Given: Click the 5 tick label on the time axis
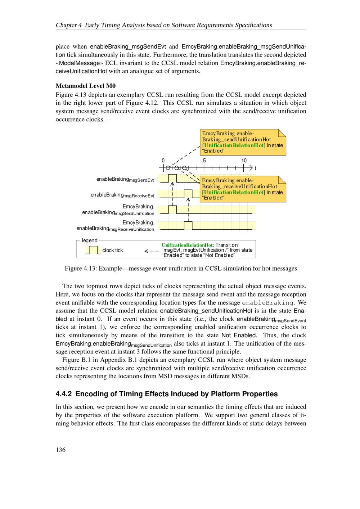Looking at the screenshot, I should (204, 161).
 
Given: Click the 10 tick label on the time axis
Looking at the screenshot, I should (244, 161).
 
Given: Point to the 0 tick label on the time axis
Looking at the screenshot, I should (163, 161).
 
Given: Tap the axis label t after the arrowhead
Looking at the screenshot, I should (255, 168).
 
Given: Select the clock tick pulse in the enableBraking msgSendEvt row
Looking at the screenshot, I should (172, 178).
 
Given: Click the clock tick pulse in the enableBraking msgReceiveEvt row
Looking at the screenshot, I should (188, 194).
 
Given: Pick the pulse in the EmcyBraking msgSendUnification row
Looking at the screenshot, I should (172, 210).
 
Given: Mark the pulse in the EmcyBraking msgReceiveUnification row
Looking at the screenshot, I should (188, 225).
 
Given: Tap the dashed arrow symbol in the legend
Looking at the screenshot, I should (151, 251).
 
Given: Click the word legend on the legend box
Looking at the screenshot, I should (90, 240).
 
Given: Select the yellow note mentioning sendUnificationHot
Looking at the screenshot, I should (243, 142).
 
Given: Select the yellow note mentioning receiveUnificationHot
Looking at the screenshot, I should (243, 189).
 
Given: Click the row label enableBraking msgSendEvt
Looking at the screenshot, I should (125, 180).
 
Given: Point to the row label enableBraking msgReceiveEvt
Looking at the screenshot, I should (122, 195).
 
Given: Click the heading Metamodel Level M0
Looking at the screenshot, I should (86, 86).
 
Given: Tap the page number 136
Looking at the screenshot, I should (60, 449).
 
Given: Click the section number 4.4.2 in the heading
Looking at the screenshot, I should (64, 394).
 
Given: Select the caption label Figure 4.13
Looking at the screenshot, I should (81, 268).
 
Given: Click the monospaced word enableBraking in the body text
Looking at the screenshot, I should (267, 303).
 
